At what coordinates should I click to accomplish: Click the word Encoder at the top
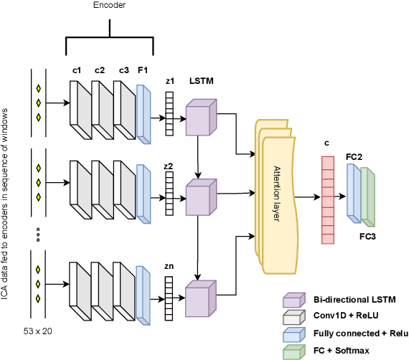[108, 5]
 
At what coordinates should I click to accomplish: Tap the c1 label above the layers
[77, 70]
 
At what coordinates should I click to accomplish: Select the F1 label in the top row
[142, 70]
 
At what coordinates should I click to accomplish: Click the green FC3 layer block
[367, 196]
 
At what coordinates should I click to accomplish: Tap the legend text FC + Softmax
[342, 351]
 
